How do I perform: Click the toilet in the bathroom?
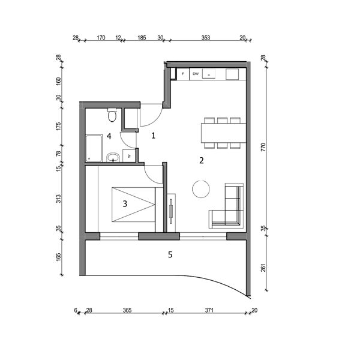(112, 115)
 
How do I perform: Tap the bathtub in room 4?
(94, 148)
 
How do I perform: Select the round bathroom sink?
(113, 157)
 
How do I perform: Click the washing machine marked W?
(128, 155)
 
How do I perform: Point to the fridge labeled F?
(183, 74)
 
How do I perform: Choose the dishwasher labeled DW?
(196, 74)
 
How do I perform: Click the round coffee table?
(201, 189)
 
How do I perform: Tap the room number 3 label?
(125, 203)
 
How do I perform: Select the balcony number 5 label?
(170, 254)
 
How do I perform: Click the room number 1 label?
(154, 136)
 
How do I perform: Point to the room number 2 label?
(202, 160)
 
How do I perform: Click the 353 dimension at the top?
(206, 38)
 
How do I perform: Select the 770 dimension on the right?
(263, 147)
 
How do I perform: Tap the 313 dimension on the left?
(59, 199)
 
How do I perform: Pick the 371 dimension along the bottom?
(209, 310)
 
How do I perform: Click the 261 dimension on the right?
(263, 268)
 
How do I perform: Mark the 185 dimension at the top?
(142, 38)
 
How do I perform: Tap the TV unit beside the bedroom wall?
(171, 213)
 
